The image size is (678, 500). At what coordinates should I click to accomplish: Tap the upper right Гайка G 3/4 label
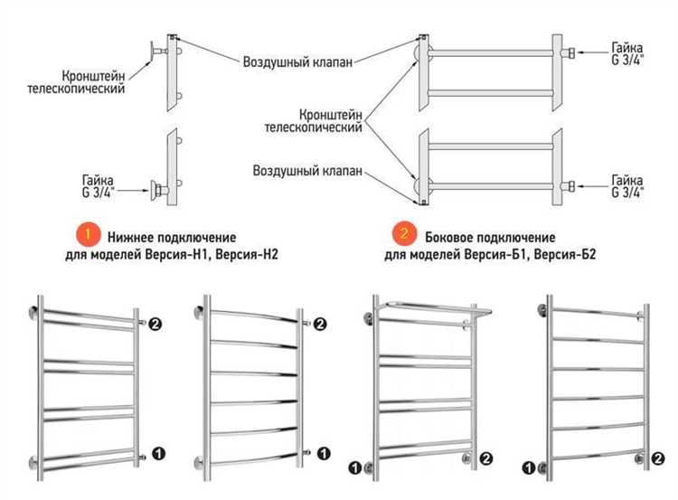[627, 53]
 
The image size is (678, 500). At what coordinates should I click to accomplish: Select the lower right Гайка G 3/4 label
[627, 186]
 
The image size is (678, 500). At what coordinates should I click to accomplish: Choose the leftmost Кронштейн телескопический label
[93, 82]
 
